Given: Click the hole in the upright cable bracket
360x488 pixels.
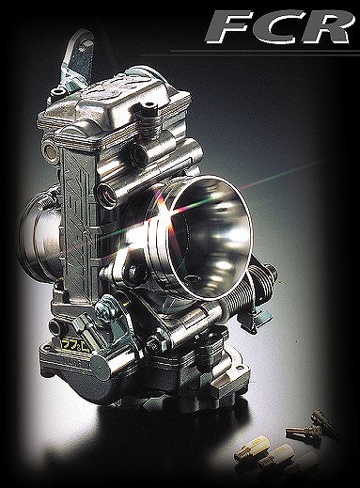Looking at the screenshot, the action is point(83,47).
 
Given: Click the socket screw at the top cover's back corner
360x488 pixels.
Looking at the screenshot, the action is point(59,92).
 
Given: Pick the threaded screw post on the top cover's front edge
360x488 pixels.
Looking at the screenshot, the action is point(146,110).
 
